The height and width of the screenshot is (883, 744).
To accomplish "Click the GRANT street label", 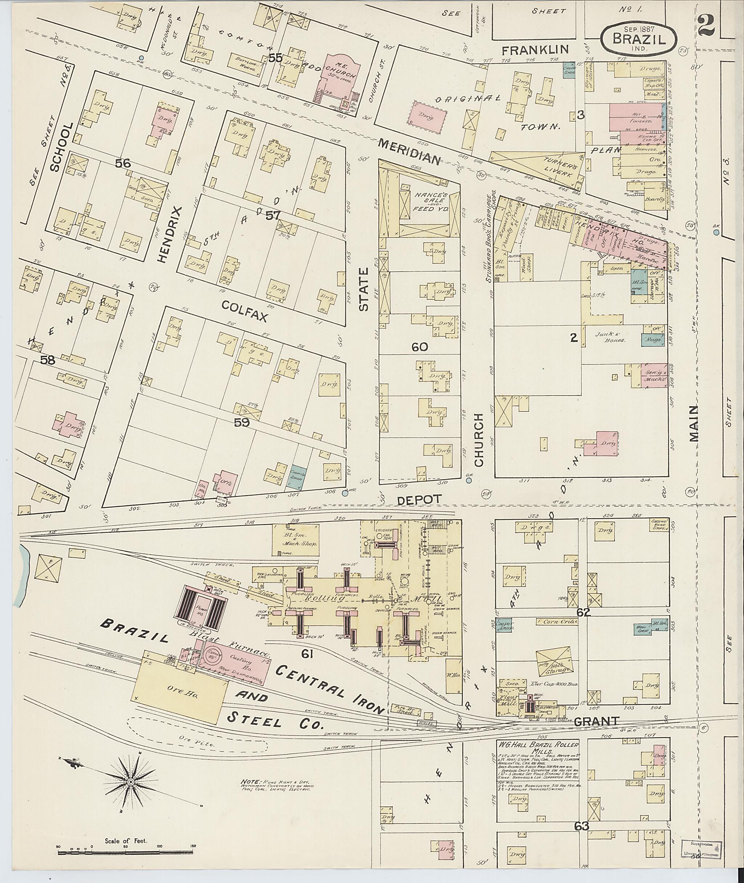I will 595,721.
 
